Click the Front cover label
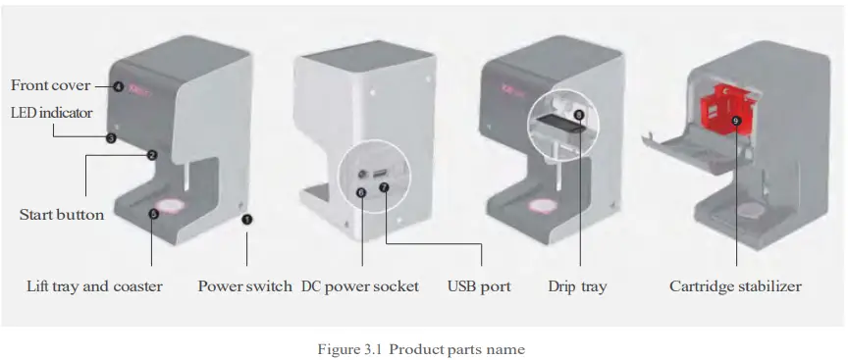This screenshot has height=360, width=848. pos(50,86)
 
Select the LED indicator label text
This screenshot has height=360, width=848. pos(51,113)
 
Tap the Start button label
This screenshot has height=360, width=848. pos(61,214)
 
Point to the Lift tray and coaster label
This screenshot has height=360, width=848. pos(94,286)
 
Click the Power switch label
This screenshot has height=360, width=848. pos(244,286)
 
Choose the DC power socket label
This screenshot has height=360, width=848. pos(359,286)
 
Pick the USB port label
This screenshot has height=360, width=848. pos(479,286)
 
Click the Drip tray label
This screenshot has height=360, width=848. pos(577,286)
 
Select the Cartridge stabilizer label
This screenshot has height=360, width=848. pos(735,286)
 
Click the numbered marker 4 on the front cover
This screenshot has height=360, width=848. pos(118,86)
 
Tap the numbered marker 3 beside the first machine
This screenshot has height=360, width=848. pos(111,139)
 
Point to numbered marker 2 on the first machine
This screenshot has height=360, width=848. pos(152,155)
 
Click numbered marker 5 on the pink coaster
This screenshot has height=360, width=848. pos(153,212)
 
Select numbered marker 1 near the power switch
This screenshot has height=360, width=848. pos(246,220)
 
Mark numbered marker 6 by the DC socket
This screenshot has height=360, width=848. pos(362,193)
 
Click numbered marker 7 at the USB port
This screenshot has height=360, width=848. pos(384,185)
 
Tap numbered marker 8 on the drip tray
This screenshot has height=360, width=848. pos(578,115)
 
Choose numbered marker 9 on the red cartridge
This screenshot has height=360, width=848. pos(736,121)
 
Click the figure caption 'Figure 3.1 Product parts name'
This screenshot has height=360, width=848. pos(423,349)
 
